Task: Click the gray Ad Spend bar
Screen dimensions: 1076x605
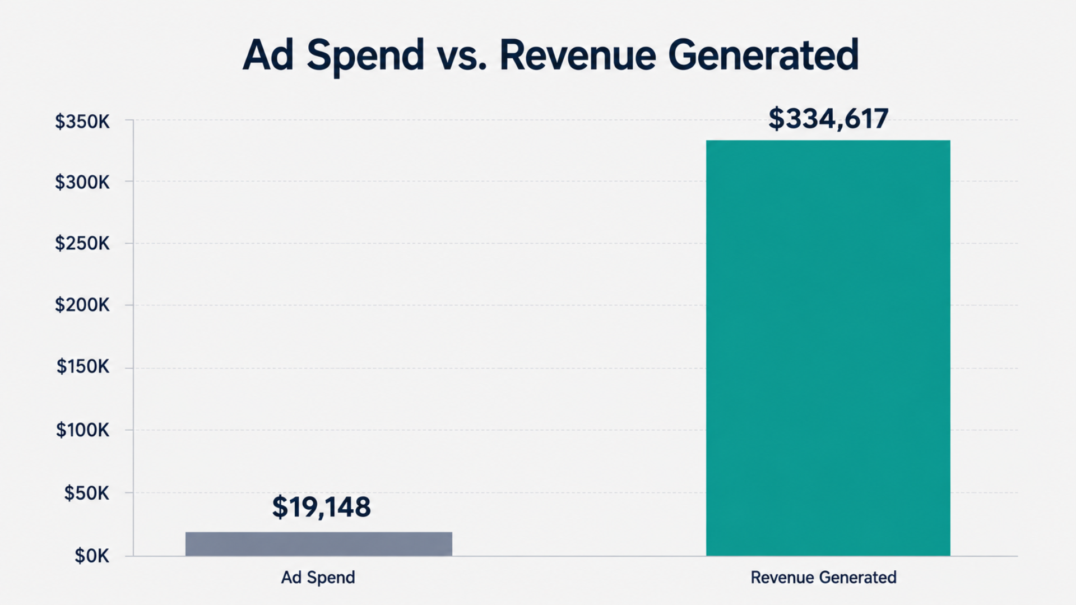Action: (318, 543)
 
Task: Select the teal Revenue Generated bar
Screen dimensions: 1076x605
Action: (828, 348)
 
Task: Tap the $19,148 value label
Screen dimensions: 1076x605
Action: (321, 507)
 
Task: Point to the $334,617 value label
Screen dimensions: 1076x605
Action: (828, 119)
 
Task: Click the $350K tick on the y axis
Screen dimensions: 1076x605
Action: (82, 122)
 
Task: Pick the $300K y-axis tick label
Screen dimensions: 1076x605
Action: (82, 182)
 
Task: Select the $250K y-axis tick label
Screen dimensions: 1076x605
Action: (82, 244)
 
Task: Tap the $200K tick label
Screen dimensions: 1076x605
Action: (82, 305)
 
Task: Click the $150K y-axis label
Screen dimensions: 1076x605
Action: (83, 367)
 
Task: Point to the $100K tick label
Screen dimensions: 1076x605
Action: (83, 430)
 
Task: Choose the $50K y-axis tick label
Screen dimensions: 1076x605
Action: (87, 493)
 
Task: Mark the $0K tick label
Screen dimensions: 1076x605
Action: (92, 556)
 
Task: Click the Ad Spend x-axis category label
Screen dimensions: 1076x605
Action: (318, 578)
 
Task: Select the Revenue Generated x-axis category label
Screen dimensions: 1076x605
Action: (823, 578)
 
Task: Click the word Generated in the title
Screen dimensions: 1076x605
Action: (763, 55)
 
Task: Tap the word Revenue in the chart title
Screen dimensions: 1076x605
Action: (578, 55)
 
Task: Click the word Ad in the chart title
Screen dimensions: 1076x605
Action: (268, 55)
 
